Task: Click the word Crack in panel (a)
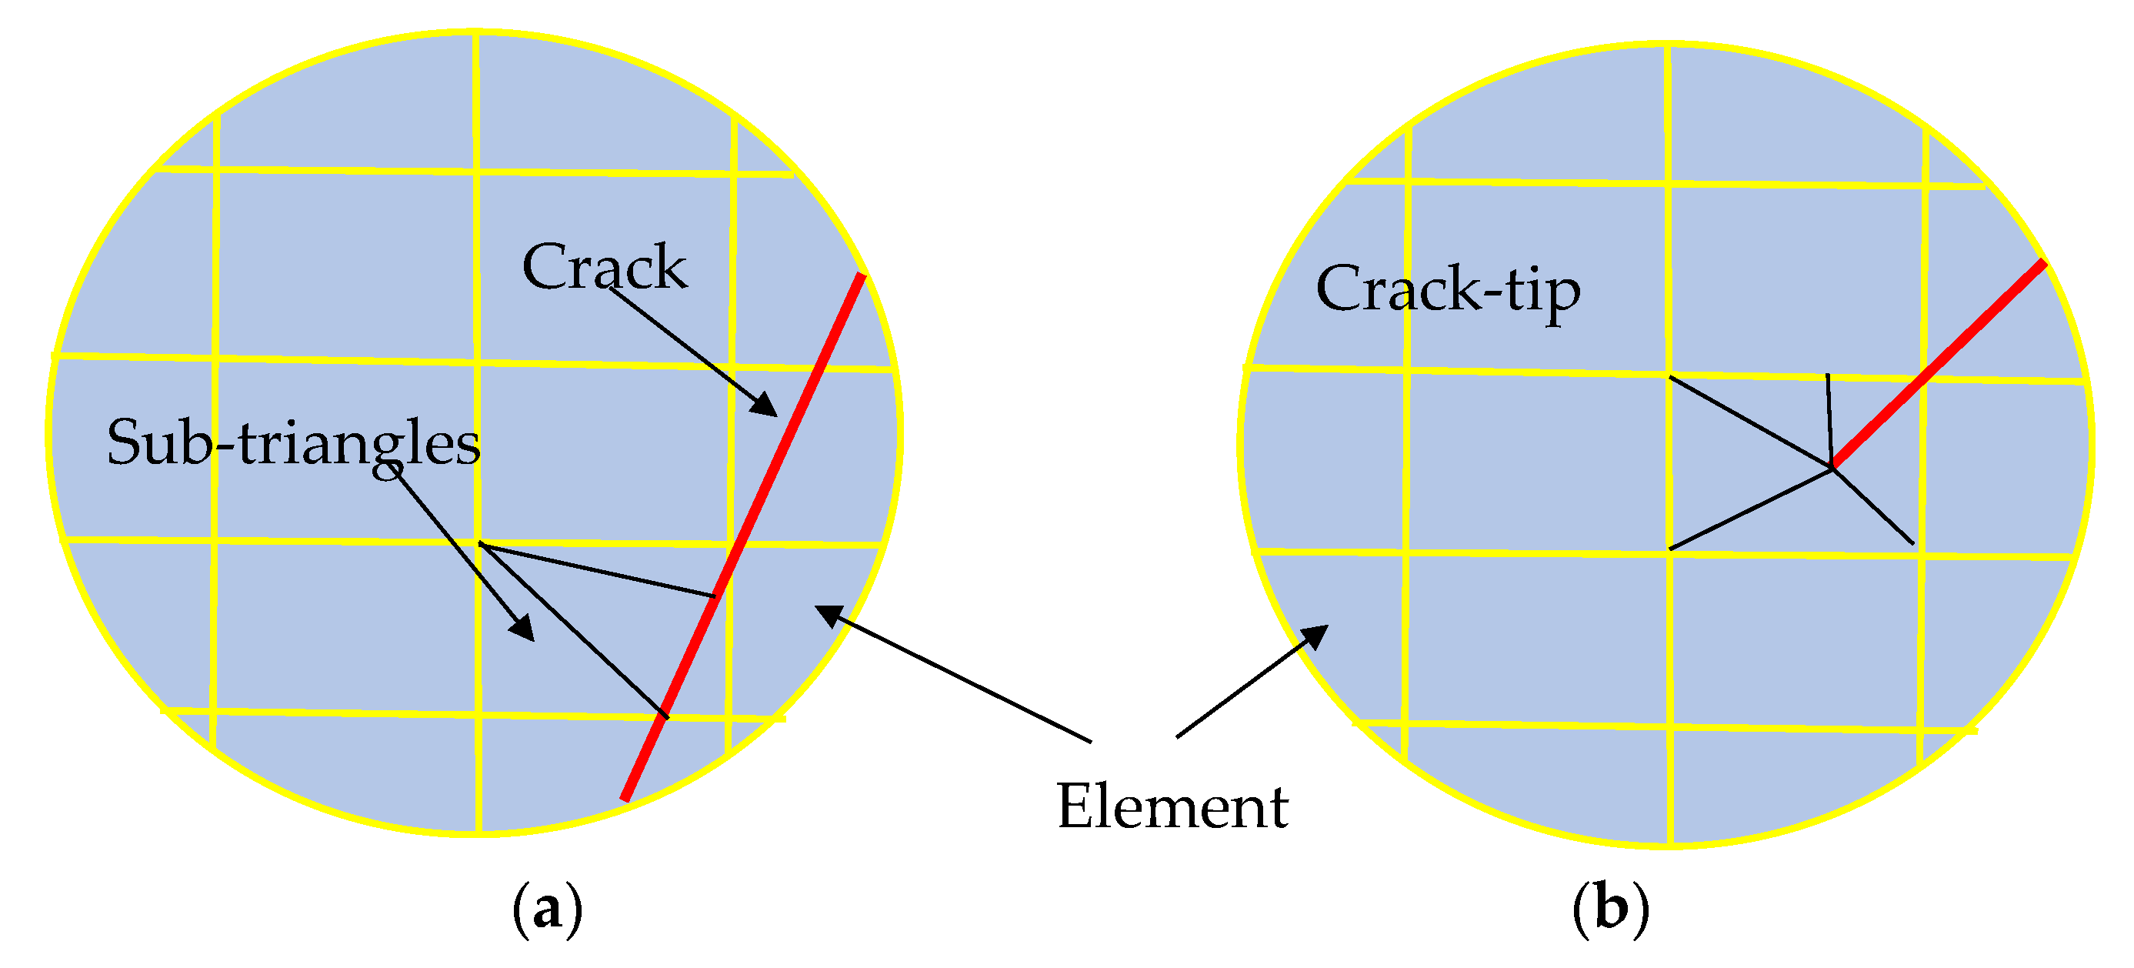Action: (x=604, y=267)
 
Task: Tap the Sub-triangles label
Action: (x=293, y=442)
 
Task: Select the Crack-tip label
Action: (x=1447, y=290)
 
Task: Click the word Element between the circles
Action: (x=1172, y=806)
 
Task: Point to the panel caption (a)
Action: (x=548, y=910)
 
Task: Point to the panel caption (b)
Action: (x=1610, y=910)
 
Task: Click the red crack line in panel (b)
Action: (x=1939, y=365)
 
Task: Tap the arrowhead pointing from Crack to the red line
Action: (x=766, y=406)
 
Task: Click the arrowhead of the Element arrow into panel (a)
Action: (x=828, y=614)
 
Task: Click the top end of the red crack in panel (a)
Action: (x=862, y=276)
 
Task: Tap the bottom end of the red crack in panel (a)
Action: (x=625, y=798)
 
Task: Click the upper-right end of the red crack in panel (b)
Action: (x=2043, y=264)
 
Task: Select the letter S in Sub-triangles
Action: (x=122, y=442)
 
